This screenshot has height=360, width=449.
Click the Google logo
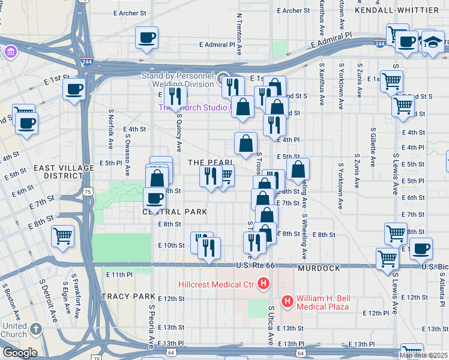coord(19,353)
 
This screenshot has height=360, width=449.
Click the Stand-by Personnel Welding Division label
coord(178,80)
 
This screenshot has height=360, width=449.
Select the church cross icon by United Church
coord(35,329)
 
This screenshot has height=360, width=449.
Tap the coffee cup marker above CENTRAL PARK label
coord(154,199)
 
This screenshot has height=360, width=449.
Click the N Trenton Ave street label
coord(239,33)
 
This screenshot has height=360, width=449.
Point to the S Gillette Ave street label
coord(373,146)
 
